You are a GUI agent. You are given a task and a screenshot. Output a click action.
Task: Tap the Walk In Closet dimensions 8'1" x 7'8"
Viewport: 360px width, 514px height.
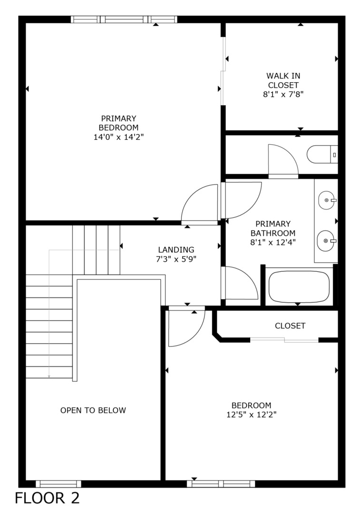[x=283, y=94]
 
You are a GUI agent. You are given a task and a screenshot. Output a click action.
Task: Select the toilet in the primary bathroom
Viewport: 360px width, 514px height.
[x=321, y=155]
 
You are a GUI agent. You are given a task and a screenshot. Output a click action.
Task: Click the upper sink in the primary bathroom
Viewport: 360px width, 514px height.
[x=327, y=200]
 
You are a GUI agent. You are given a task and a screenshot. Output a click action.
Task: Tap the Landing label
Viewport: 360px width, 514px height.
[x=176, y=249]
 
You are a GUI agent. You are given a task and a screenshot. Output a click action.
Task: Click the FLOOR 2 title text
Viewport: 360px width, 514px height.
[x=47, y=498]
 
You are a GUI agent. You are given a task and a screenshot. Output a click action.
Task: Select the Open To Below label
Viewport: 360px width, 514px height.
[x=93, y=410]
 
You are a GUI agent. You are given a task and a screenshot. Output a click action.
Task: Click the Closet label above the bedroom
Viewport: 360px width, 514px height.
[x=290, y=326]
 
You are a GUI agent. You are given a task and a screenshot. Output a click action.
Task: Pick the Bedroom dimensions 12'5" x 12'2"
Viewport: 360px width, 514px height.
[x=252, y=415]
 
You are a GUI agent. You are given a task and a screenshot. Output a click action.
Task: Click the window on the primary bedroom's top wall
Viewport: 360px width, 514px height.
[x=124, y=20]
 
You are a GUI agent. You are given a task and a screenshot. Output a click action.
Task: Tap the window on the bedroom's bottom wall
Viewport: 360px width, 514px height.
[x=221, y=484]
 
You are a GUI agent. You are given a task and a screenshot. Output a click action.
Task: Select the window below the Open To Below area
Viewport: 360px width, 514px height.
[x=58, y=484]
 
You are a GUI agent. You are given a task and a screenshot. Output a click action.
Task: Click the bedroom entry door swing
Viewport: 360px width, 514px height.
[x=185, y=327]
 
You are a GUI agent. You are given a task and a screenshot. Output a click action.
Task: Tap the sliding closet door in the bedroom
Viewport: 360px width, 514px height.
[x=284, y=340]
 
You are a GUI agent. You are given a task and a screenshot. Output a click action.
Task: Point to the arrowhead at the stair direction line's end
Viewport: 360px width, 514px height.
[x=49, y=376]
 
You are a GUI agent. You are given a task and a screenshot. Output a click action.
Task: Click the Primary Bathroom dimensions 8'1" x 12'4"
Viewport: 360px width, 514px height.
[x=272, y=243]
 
